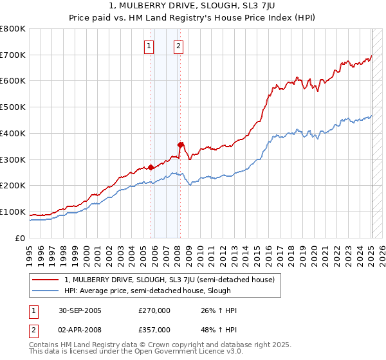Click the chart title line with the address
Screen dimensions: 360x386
pyautogui.click(x=193, y=6)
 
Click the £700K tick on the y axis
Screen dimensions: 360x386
pyautogui.click(x=13, y=55)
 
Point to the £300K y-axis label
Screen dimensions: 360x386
pyautogui.click(x=13, y=159)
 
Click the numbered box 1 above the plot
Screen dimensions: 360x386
pyautogui.click(x=149, y=46)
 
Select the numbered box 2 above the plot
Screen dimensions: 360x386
pyautogui.click(x=178, y=46)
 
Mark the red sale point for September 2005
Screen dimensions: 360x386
pyautogui.click(x=151, y=167)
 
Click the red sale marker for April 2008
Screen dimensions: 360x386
pyautogui.click(x=181, y=145)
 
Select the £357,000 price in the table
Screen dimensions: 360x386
pyautogui.click(x=154, y=329)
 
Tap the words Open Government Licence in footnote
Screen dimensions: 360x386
pyautogui.click(x=187, y=352)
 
